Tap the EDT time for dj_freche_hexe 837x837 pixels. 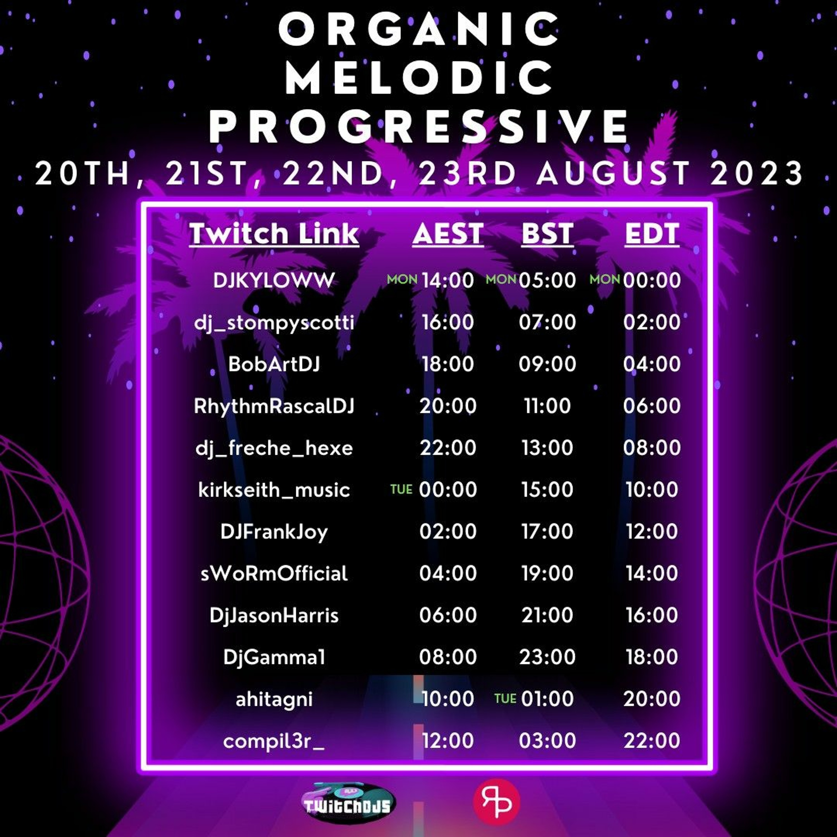652,448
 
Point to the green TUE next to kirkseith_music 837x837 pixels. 401,490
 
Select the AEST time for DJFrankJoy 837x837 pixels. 448,531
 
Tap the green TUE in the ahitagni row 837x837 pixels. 505,698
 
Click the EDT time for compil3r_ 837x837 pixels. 652,740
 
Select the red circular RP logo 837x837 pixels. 497,802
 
